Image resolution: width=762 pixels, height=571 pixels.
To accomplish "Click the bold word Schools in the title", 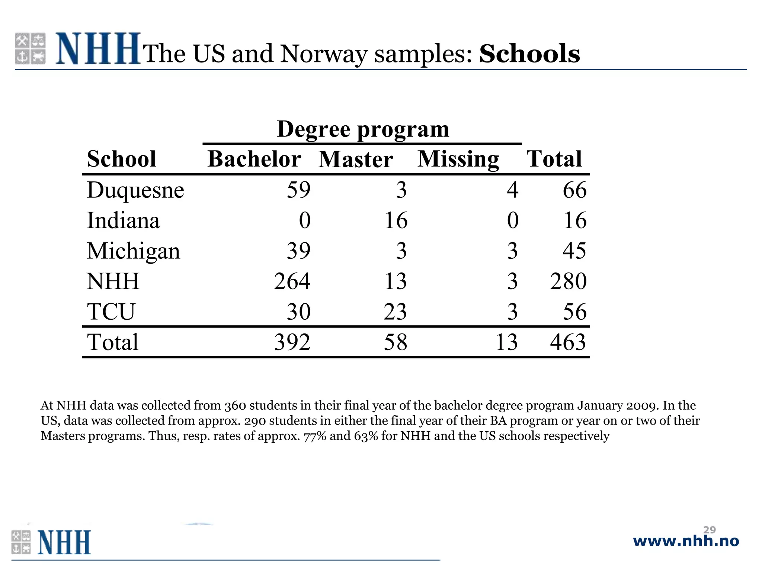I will coord(529,54).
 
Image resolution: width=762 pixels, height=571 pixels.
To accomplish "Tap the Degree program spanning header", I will coord(363,129).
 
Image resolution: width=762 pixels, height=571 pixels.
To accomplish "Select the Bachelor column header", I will coord(254,159).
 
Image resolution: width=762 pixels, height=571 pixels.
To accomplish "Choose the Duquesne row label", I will coord(135,190).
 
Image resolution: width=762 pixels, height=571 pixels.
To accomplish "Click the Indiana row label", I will coord(123,220).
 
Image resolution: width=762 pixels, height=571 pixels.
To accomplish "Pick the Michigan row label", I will coord(133,251).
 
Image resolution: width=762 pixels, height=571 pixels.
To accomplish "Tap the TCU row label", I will coord(111,312).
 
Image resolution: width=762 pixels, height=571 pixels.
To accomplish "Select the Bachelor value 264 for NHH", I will coord(292,281).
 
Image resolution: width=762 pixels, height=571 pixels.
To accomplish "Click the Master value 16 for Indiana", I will coord(396,220).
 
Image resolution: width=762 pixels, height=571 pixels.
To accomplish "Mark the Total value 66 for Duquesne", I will coord(574,190).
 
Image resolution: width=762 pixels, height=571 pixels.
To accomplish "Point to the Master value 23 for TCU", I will coord(395,312).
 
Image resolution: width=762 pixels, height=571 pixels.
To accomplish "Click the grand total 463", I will coord(568,342).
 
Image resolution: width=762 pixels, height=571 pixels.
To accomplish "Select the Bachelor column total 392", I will coord(292,342).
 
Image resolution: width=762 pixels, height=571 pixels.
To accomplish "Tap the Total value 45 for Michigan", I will coord(574,251).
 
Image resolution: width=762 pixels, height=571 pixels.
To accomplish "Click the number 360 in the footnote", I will coord(235,406).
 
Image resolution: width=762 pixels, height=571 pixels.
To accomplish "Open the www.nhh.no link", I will coord(686,541).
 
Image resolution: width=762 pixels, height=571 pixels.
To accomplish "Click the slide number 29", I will coord(710,530).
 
